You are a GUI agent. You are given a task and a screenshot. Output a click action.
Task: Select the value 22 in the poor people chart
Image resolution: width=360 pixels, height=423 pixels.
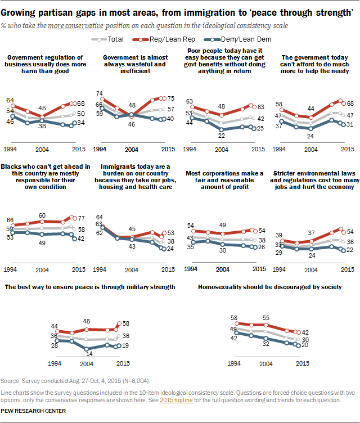222,136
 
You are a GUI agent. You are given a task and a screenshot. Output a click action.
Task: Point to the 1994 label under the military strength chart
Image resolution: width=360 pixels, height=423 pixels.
55,363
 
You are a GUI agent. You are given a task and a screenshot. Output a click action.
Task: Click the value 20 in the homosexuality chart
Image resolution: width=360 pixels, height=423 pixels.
305,346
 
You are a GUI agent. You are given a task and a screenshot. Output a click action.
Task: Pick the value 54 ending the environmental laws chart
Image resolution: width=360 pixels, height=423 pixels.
349,232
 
